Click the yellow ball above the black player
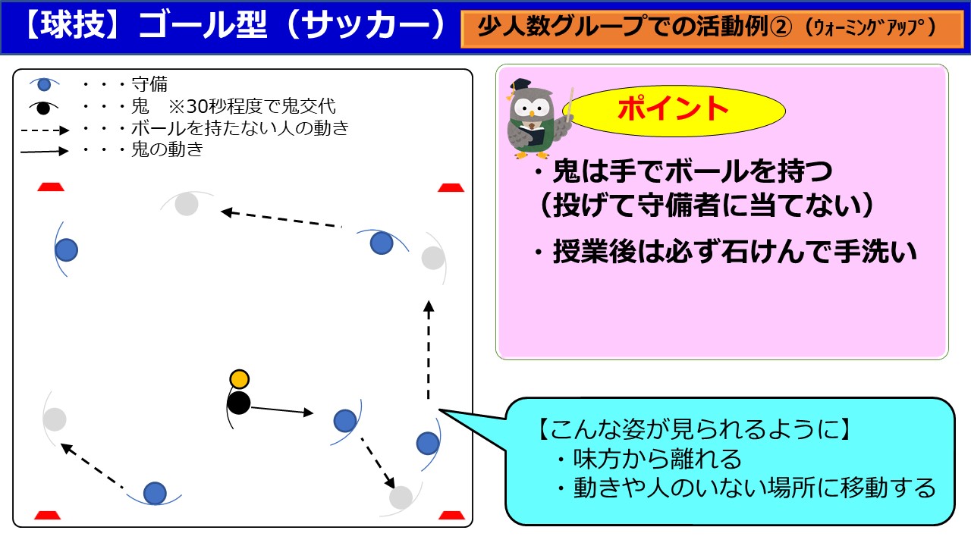click(239, 379)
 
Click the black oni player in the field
click(239, 403)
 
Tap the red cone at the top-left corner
click(51, 187)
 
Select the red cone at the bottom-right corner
click(451, 515)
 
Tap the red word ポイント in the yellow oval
click(673, 108)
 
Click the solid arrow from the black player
click(282, 410)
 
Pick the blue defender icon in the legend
click(44, 84)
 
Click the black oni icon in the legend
click(43, 108)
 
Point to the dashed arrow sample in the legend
click(45, 130)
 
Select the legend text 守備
click(149, 84)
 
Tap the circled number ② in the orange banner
click(782, 27)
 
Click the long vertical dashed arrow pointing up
click(429, 350)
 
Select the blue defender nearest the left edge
click(66, 249)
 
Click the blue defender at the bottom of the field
click(155, 493)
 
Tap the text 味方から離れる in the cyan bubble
click(657, 459)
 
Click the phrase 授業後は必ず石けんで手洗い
click(735, 252)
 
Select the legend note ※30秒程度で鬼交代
click(253, 105)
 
